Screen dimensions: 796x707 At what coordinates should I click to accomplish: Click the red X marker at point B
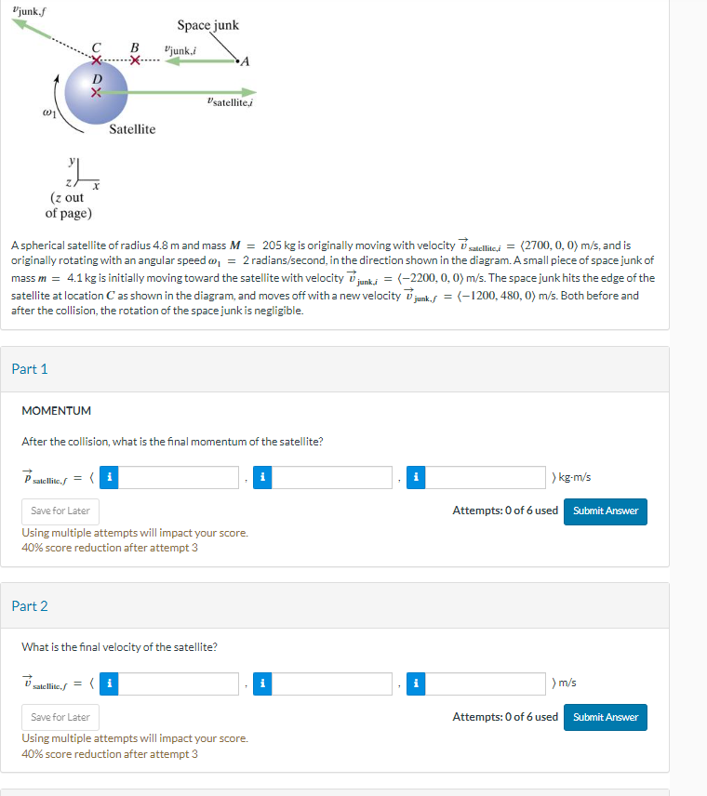(135, 61)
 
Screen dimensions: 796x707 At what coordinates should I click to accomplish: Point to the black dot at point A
(239, 61)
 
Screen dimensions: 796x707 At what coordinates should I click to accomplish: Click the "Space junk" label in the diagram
(207, 25)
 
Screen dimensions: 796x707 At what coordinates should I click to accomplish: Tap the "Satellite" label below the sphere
(132, 129)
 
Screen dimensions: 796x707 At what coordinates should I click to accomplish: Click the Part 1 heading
(30, 369)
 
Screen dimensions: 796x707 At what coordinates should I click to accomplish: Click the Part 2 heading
(30, 606)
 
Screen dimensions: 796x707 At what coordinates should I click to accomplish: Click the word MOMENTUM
(56, 410)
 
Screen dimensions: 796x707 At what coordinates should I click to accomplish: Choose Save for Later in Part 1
(60, 511)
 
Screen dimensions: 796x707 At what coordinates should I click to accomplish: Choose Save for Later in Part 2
(60, 717)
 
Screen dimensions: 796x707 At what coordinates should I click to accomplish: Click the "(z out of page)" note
(68, 206)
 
